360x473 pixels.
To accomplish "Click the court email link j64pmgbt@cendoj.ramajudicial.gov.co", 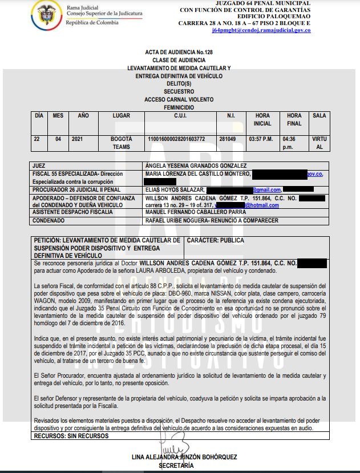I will [261, 30].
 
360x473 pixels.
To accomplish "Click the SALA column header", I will [319, 116].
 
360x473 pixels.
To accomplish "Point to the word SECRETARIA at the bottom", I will [179, 466].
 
